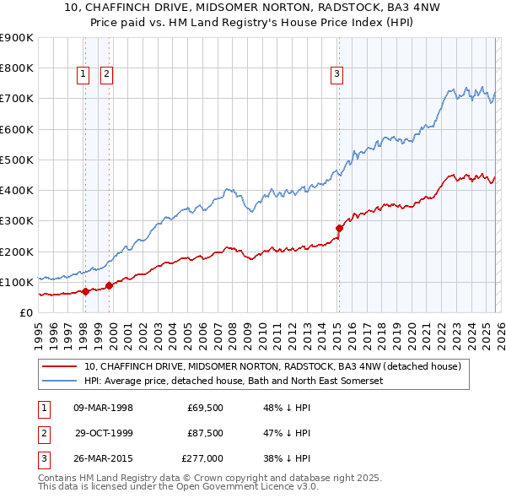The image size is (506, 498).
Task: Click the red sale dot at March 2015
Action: [339, 228]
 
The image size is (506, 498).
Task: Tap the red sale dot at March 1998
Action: [85, 291]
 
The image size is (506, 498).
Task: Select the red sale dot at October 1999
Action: [110, 285]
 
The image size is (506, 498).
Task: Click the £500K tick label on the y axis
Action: [17, 160]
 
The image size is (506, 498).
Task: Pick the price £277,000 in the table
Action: [202, 458]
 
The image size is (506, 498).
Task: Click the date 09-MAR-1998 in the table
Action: [103, 408]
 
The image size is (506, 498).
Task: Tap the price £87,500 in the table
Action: [205, 433]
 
